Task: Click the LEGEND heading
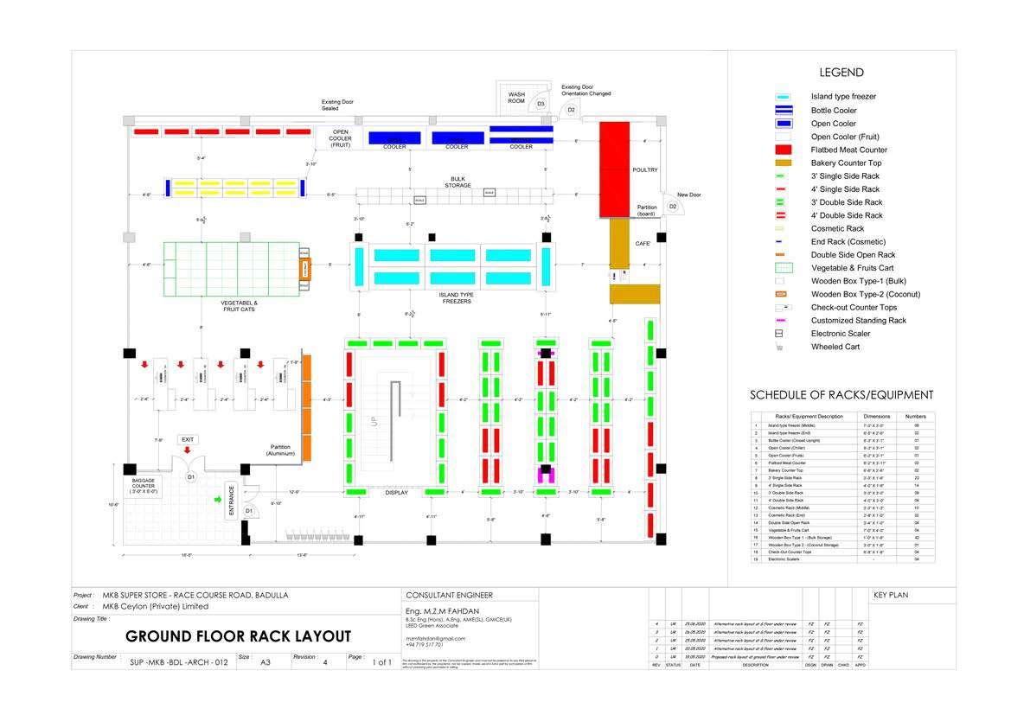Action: [x=841, y=73]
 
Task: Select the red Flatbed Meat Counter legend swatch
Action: [x=783, y=150]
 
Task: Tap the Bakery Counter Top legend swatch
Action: [x=783, y=163]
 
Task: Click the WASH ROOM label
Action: [x=516, y=98]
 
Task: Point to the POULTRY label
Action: [x=645, y=169]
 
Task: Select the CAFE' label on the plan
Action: [x=643, y=244]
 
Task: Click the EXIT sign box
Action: [x=188, y=439]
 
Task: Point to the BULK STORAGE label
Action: [x=458, y=182]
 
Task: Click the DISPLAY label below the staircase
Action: [x=396, y=493]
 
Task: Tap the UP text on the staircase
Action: [x=374, y=423]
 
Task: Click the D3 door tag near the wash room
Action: [x=541, y=104]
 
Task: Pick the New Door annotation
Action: [x=689, y=195]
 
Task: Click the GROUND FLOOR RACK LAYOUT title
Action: [x=238, y=637]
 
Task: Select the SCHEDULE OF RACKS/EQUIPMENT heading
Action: [x=841, y=395]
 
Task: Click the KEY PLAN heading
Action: [x=891, y=595]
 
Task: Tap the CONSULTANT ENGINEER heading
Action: [x=449, y=595]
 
